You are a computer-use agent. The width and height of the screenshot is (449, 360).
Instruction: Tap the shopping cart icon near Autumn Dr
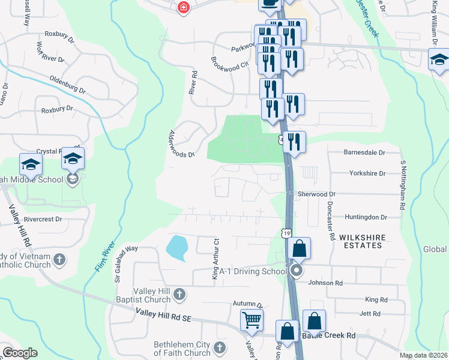[x=252, y=319]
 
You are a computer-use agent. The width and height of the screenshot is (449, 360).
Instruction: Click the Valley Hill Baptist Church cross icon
[x=179, y=293]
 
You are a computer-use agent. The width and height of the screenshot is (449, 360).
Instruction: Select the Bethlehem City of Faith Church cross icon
[x=220, y=347]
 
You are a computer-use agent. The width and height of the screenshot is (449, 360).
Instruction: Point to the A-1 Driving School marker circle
[x=296, y=271]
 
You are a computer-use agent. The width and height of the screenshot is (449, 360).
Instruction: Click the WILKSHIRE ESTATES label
[x=361, y=241]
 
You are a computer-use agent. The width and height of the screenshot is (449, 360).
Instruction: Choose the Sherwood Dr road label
[x=316, y=194]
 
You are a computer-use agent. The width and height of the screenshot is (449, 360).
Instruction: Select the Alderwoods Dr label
[x=182, y=144]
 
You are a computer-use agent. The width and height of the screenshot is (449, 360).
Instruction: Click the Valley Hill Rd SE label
[x=163, y=314]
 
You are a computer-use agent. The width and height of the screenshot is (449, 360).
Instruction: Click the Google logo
[x=20, y=353]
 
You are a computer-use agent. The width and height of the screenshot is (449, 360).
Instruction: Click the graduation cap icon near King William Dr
[x=439, y=60]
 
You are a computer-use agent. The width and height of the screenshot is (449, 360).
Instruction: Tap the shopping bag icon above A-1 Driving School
[x=298, y=248]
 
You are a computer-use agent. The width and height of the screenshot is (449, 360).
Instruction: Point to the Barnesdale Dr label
[x=364, y=152]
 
